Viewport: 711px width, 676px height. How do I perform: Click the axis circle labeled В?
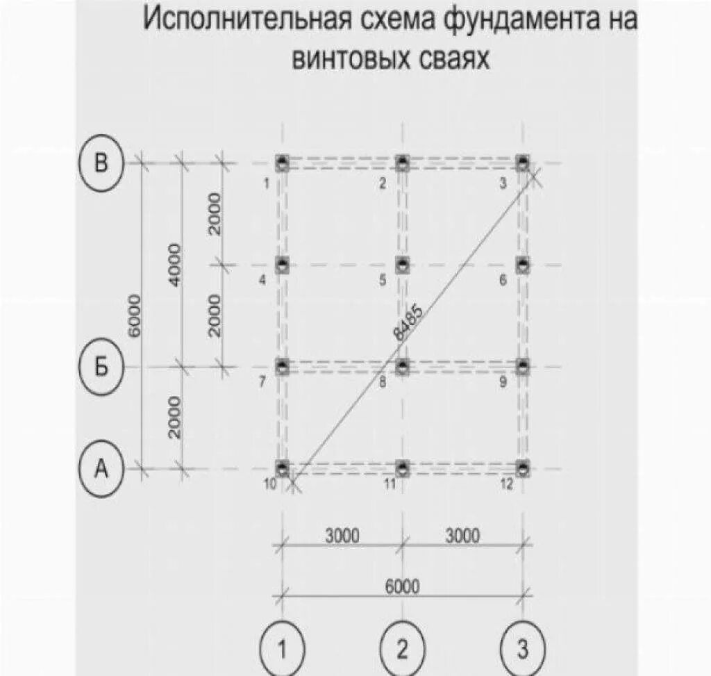pyautogui.click(x=101, y=165)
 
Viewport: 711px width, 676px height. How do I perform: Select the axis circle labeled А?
pyautogui.click(x=101, y=470)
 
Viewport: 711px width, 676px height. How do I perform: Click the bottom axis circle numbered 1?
pyautogui.click(x=282, y=650)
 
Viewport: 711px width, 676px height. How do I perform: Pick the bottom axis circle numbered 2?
pyautogui.click(x=403, y=650)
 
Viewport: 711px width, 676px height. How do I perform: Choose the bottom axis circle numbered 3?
pyautogui.click(x=523, y=650)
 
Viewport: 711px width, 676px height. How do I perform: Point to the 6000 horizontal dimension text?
pyautogui.click(x=403, y=587)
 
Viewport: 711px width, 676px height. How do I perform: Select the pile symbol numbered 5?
pyautogui.click(x=403, y=265)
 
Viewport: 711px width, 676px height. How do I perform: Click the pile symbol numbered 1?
pyautogui.click(x=282, y=163)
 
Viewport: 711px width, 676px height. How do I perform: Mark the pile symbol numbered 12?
pyautogui.click(x=523, y=467)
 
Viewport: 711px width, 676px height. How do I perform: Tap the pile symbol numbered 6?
pyautogui.click(x=523, y=265)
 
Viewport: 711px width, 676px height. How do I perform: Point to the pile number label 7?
pyautogui.click(x=262, y=382)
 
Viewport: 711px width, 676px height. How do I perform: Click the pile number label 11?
pyautogui.click(x=390, y=484)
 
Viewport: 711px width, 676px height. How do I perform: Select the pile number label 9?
pyautogui.click(x=503, y=381)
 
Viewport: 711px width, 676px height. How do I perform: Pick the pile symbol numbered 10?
pyautogui.click(x=282, y=467)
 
